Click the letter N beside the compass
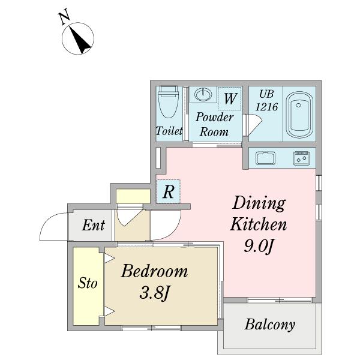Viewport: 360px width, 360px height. (x=64, y=16)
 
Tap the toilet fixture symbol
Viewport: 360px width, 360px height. (x=168, y=101)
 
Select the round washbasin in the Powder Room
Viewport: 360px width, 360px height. (x=203, y=95)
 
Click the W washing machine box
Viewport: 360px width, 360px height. (x=230, y=98)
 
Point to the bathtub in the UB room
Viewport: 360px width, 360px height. (x=299, y=115)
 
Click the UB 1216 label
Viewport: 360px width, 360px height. (x=266, y=100)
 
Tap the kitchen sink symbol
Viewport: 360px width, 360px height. (x=265, y=158)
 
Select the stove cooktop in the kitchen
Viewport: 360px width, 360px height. (x=301, y=158)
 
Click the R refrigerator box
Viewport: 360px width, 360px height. (x=168, y=191)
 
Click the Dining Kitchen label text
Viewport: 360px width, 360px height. (x=259, y=214)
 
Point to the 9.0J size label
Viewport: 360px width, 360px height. (x=258, y=247)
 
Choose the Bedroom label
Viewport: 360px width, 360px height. (x=155, y=271)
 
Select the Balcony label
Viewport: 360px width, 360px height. (x=270, y=325)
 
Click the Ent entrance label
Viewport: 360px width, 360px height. (x=94, y=225)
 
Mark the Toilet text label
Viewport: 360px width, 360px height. (x=169, y=131)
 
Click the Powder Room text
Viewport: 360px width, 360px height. (x=214, y=124)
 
